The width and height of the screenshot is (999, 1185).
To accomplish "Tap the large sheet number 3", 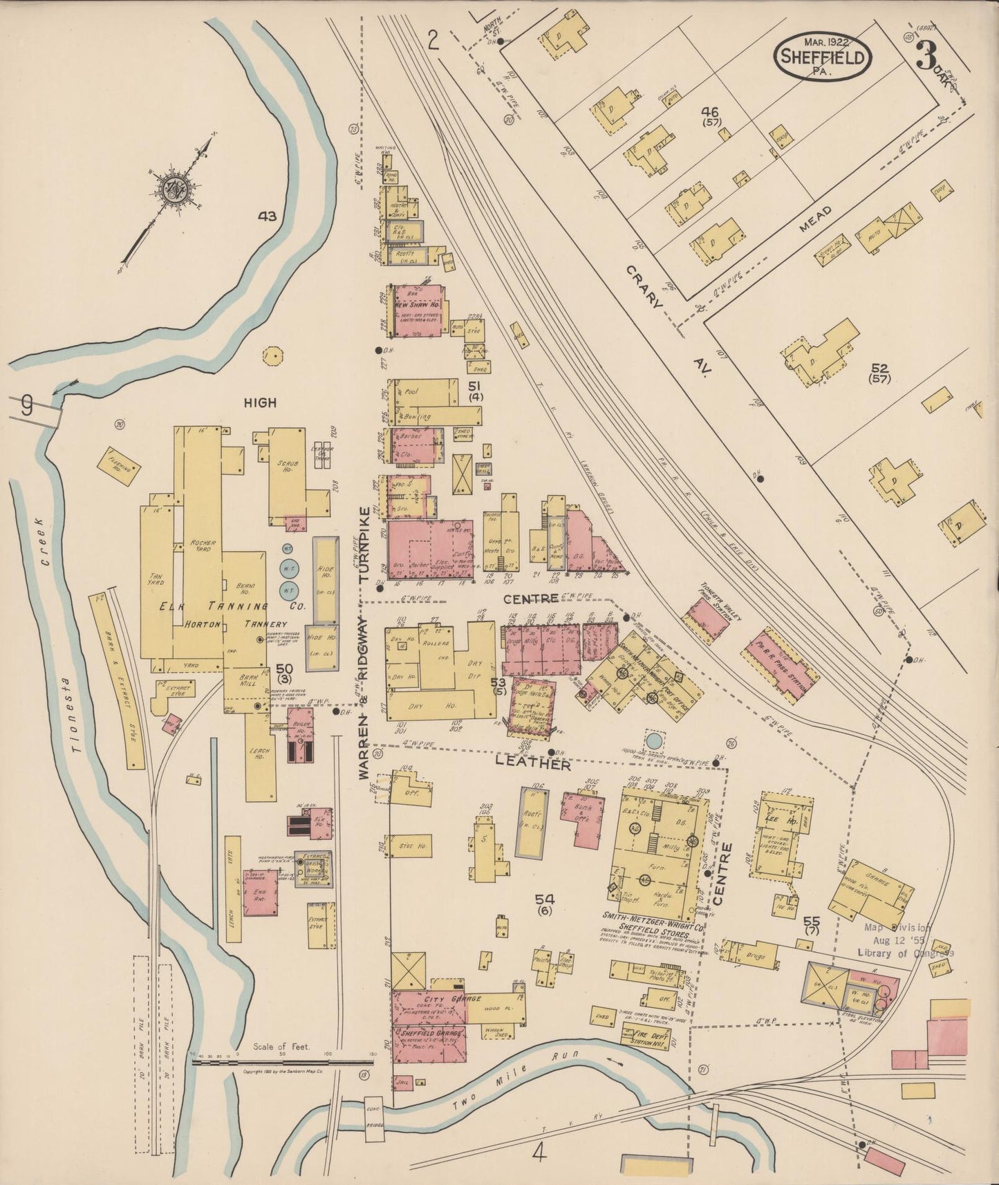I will click(926, 55).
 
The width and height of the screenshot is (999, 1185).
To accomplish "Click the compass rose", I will click(171, 188).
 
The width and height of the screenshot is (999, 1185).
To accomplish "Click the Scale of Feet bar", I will click(283, 1063).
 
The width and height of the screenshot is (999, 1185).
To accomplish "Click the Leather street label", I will click(532, 765).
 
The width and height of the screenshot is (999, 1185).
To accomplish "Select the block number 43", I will click(267, 216).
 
